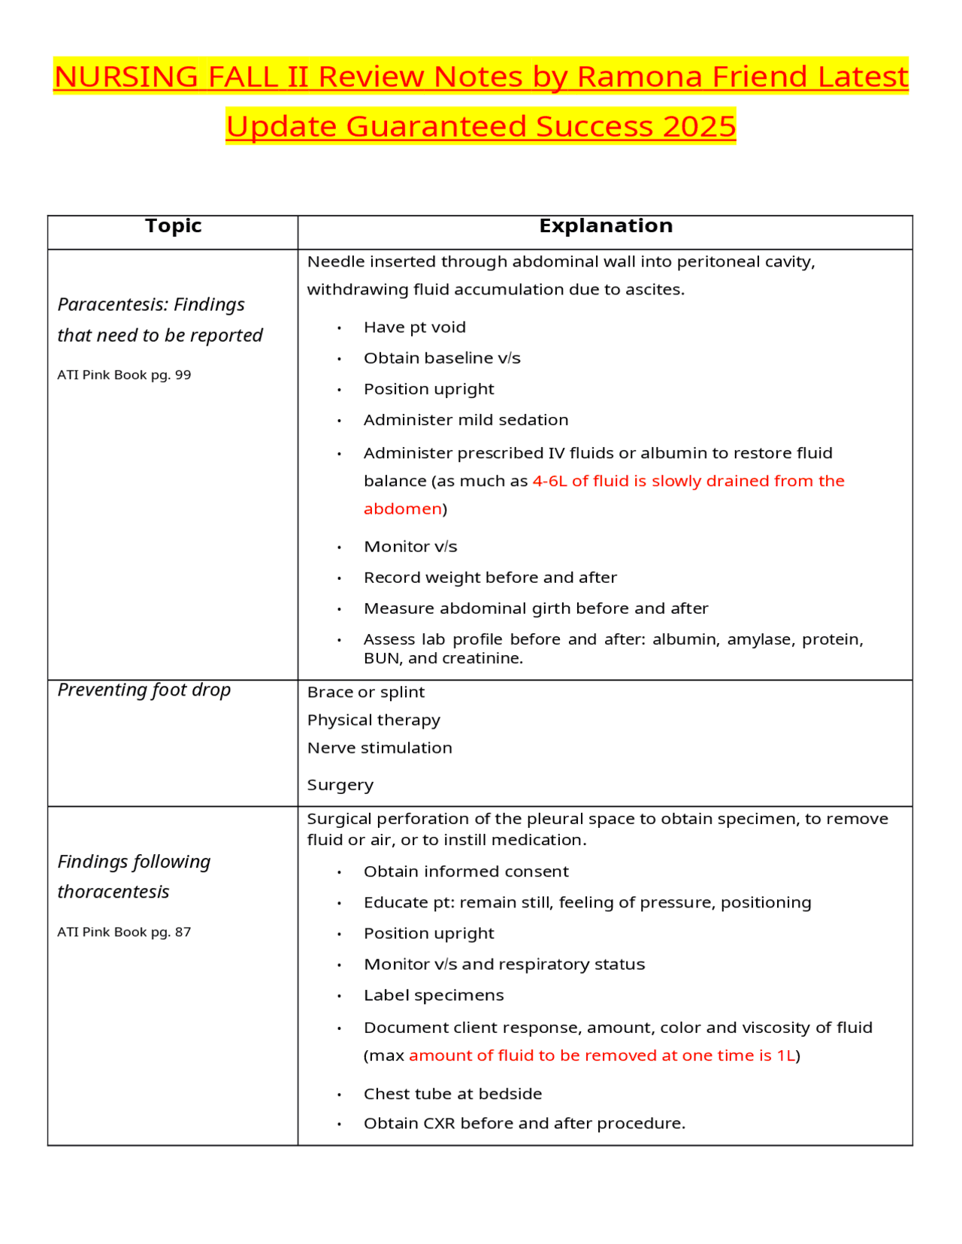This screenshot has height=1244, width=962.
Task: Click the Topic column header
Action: (x=173, y=226)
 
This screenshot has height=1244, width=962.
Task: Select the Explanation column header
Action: (x=606, y=226)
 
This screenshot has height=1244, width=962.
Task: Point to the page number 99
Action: (x=183, y=375)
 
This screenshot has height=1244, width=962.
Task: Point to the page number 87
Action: (x=183, y=932)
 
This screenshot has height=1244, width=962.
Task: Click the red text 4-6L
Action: (x=549, y=481)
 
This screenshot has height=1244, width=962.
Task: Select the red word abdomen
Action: (x=403, y=509)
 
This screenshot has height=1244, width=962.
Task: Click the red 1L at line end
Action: (x=785, y=1055)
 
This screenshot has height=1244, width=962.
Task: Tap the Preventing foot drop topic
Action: (x=144, y=690)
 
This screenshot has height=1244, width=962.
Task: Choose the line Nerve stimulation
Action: (x=380, y=747)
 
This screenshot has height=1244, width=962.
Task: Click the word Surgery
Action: (x=340, y=785)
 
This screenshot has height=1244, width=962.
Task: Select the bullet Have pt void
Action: (x=414, y=328)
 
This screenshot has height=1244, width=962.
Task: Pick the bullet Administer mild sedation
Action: (x=465, y=420)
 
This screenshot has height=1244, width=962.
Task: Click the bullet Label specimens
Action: (x=433, y=995)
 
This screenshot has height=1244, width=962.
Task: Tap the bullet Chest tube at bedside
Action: (x=452, y=1094)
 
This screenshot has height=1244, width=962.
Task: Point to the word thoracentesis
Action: (x=113, y=892)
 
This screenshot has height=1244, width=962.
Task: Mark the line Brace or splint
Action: (x=365, y=692)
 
